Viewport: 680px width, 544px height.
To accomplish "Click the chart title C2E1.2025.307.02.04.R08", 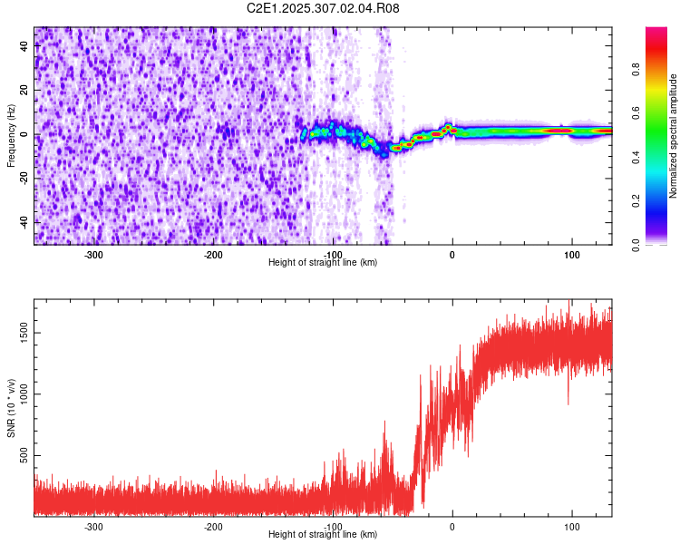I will (x=323, y=8).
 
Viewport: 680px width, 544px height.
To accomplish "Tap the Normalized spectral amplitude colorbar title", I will (x=673, y=136).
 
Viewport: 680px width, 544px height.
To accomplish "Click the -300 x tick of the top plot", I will (x=93, y=254).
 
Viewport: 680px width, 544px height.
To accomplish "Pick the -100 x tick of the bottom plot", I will (x=333, y=526).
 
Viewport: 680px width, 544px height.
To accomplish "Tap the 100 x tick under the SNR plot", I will (x=572, y=526).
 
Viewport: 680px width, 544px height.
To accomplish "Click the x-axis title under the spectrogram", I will (x=323, y=262).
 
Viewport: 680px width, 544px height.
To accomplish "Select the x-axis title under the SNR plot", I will (x=323, y=534).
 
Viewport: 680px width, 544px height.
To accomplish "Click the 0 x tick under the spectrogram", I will (x=452, y=254).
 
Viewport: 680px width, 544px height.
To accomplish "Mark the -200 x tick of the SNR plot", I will (x=213, y=526).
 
